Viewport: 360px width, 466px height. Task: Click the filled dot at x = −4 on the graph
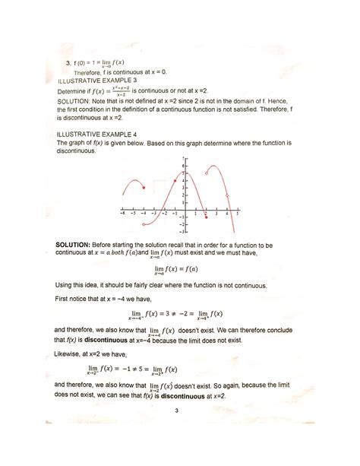[x=144, y=188]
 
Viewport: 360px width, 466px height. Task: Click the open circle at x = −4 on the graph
[x=144, y=224]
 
